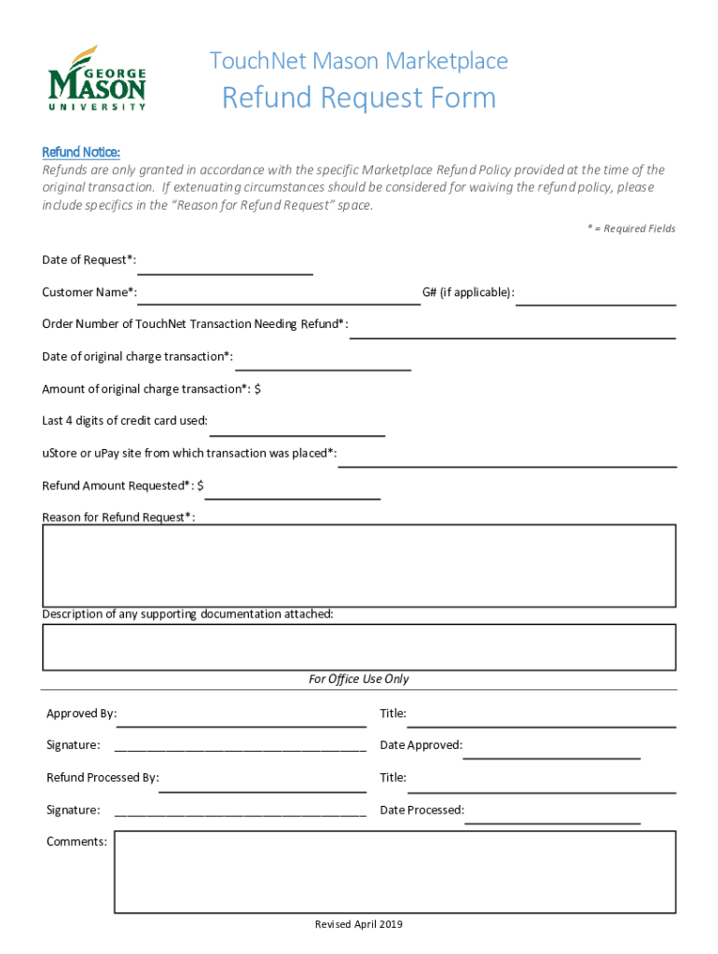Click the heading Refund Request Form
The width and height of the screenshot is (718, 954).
(358, 98)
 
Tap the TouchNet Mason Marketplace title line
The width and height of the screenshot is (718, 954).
(359, 61)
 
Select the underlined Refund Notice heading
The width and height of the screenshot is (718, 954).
(81, 152)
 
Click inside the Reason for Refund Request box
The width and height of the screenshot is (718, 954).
(358, 566)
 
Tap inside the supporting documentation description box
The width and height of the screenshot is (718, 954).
(358, 647)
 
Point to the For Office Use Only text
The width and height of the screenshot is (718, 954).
(359, 679)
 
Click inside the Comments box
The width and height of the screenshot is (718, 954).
(394, 872)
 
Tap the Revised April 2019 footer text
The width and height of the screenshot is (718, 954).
(358, 924)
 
